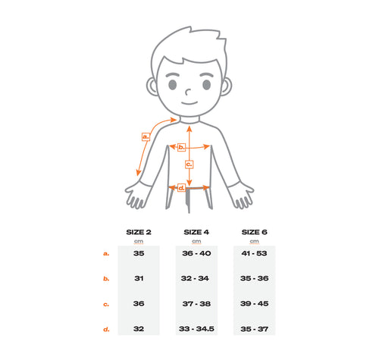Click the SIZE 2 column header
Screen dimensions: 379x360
[139, 232]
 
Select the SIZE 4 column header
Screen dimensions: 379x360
[196, 232]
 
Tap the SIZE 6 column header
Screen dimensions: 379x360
[254, 232]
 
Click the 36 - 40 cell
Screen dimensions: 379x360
[196, 253]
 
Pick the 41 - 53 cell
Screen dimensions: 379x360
[254, 253]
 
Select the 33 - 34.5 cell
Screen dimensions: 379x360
[196, 329]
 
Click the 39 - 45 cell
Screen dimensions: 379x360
[255, 303]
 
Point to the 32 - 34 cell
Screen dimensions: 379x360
[195, 278]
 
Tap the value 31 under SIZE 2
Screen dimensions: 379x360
[139, 278]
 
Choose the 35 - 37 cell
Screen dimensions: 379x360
[255, 329]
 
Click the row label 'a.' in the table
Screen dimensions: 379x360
[106, 253]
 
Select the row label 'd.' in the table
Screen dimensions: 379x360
[106, 329]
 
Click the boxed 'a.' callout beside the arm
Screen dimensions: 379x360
[146, 136]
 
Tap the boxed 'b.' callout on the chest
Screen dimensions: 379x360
[181, 147]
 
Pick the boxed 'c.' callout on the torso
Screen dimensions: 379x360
[189, 164]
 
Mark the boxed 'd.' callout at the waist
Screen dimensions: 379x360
[181, 188]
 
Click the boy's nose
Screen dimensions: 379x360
[187, 92]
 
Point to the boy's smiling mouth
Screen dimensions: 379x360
[189, 103]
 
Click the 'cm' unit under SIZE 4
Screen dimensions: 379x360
[196, 242]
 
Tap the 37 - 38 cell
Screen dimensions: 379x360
[196, 304]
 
